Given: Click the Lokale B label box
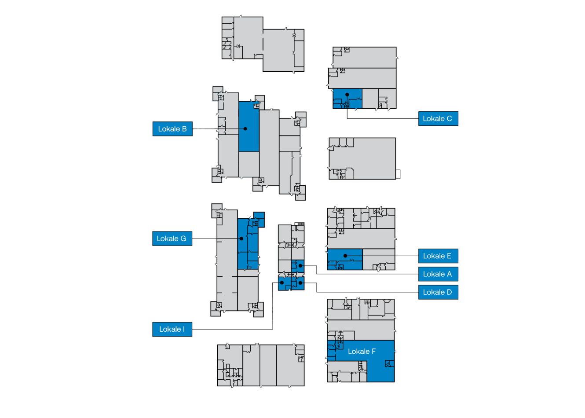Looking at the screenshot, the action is click(172, 129).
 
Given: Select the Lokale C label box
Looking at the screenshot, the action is click(438, 119).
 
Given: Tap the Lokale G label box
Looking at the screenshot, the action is click(172, 238).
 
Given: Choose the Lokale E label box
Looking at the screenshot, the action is click(438, 256).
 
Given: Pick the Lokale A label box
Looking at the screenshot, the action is click(438, 274).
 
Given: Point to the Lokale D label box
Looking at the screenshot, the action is click(438, 292).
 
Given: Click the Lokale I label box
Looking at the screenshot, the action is click(172, 329).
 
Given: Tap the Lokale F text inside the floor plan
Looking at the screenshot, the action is click(362, 352).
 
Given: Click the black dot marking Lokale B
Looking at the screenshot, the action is click(245, 129).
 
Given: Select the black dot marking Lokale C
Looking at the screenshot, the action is click(347, 95).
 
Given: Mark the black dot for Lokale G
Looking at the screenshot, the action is click(241, 238).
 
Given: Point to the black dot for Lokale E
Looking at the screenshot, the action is click(345, 256).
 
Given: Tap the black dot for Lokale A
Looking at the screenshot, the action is click(300, 266).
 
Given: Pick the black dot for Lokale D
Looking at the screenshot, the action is click(300, 283).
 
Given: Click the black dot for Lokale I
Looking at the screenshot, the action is click(282, 282).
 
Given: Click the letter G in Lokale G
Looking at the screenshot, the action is click(183, 238).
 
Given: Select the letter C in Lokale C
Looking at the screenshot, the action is click(449, 119).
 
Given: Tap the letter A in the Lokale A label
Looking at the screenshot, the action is click(449, 274).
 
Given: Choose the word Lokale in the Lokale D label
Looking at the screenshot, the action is click(434, 292).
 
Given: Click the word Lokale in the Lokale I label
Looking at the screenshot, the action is click(170, 329).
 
